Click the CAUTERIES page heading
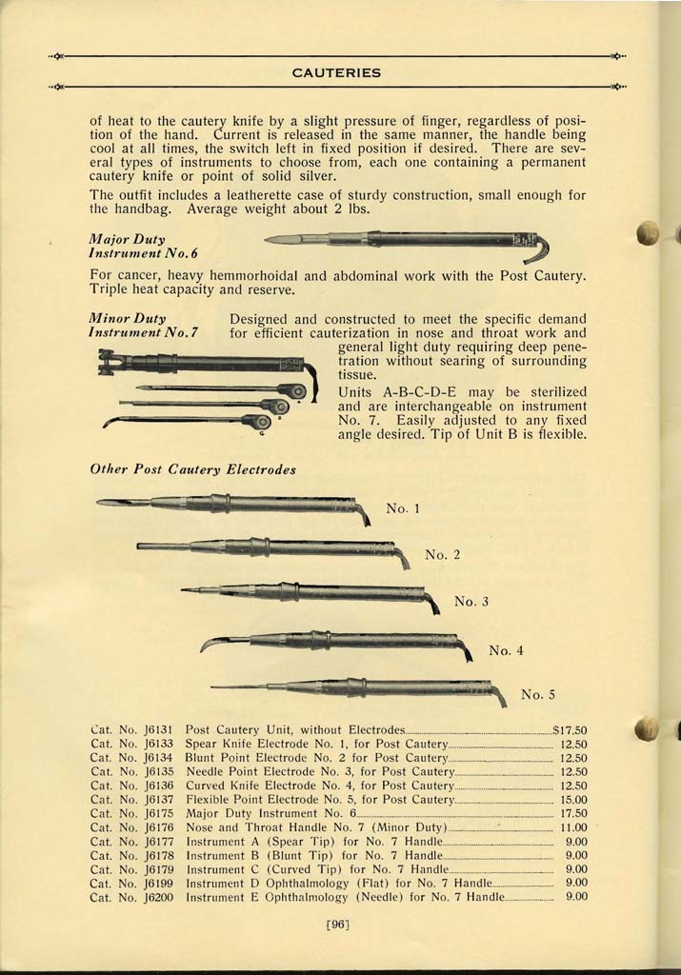336,72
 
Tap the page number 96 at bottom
338,922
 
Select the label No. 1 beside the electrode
404,508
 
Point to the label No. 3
471,601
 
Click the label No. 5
538,694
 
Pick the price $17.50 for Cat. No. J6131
570,730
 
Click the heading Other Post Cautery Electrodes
192,469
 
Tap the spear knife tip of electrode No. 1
120,501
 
